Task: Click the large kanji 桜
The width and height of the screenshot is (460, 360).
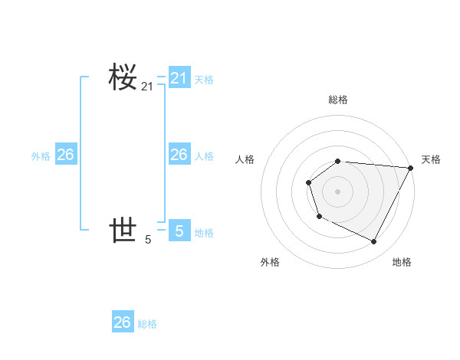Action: tap(123, 77)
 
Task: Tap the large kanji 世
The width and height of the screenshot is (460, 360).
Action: tap(123, 229)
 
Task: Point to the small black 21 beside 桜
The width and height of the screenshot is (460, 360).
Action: tap(147, 87)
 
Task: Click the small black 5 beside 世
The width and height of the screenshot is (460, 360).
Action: tap(148, 240)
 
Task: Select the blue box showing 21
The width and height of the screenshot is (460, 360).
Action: tap(179, 78)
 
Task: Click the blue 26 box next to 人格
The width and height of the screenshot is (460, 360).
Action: tap(179, 155)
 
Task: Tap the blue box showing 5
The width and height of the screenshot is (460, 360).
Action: tap(179, 231)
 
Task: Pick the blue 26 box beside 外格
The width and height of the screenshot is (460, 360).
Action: tap(65, 155)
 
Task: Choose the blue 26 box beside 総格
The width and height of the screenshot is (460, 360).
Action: tap(123, 322)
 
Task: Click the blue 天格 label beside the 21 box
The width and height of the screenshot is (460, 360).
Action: tap(204, 79)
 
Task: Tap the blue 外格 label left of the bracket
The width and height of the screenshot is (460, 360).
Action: tap(41, 155)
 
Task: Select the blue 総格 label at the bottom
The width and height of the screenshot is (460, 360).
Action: tap(147, 323)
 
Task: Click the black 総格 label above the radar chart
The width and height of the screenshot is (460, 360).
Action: tap(337, 100)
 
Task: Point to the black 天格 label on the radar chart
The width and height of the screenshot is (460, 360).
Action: tap(431, 159)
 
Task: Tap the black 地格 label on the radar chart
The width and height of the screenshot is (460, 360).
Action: tap(402, 263)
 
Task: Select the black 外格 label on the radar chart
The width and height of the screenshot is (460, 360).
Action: tap(270, 263)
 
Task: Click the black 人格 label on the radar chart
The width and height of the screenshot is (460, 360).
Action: tap(245, 159)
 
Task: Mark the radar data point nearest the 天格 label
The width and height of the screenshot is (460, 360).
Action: tap(410, 168)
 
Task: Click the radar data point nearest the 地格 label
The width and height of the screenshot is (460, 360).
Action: tap(374, 242)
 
